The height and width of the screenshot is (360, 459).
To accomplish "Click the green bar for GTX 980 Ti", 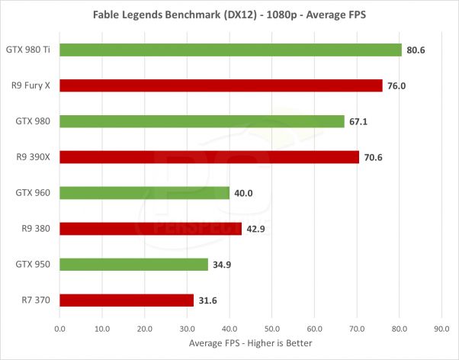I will click(x=230, y=50).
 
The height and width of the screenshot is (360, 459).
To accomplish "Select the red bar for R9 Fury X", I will click(x=220, y=85).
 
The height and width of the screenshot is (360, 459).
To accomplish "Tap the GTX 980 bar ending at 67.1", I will click(x=201, y=121).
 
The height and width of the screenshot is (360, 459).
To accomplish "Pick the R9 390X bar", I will click(x=209, y=157).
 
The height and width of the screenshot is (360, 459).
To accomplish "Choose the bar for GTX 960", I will click(x=144, y=193).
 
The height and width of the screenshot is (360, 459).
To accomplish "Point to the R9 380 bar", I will click(x=150, y=228).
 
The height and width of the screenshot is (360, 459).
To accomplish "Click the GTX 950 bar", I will click(x=133, y=264).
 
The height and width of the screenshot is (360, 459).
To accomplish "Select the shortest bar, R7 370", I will click(x=127, y=300).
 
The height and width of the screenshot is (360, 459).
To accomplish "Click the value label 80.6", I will click(x=416, y=50).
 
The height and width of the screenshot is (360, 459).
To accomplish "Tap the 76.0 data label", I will click(x=396, y=85).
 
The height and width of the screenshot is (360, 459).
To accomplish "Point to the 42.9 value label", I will click(x=256, y=229).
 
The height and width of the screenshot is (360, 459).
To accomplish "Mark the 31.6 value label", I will click(x=208, y=301).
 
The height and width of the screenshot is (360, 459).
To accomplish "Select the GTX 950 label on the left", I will click(x=33, y=264).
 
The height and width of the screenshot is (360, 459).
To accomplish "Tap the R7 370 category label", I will click(x=36, y=300).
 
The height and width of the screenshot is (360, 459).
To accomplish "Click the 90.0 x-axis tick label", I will click(x=441, y=329).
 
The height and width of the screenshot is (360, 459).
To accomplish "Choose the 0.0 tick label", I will click(x=59, y=329).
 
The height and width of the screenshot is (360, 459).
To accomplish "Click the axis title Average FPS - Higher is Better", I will click(x=250, y=343).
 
